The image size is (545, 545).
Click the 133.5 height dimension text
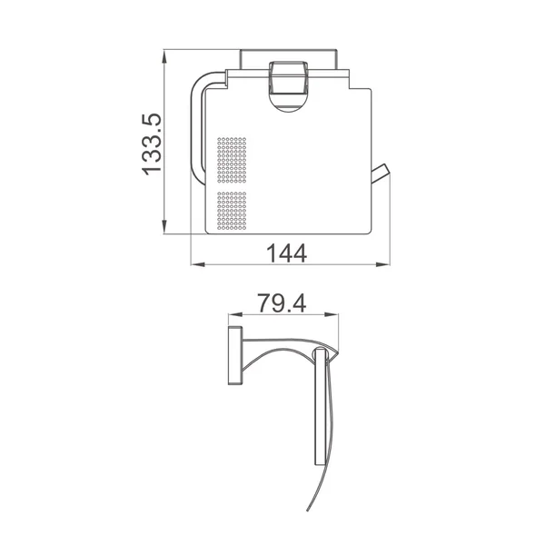(152, 144)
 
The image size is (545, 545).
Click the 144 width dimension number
(287, 253)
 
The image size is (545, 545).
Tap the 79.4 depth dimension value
(282, 303)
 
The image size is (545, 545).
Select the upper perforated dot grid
(232, 160)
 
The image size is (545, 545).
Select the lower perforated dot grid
(232, 211)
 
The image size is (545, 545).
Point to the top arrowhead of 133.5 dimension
(164, 56)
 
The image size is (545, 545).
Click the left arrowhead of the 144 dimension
(198, 264)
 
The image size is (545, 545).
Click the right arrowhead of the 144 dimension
(383, 264)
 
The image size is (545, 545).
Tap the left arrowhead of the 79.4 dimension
(234, 315)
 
